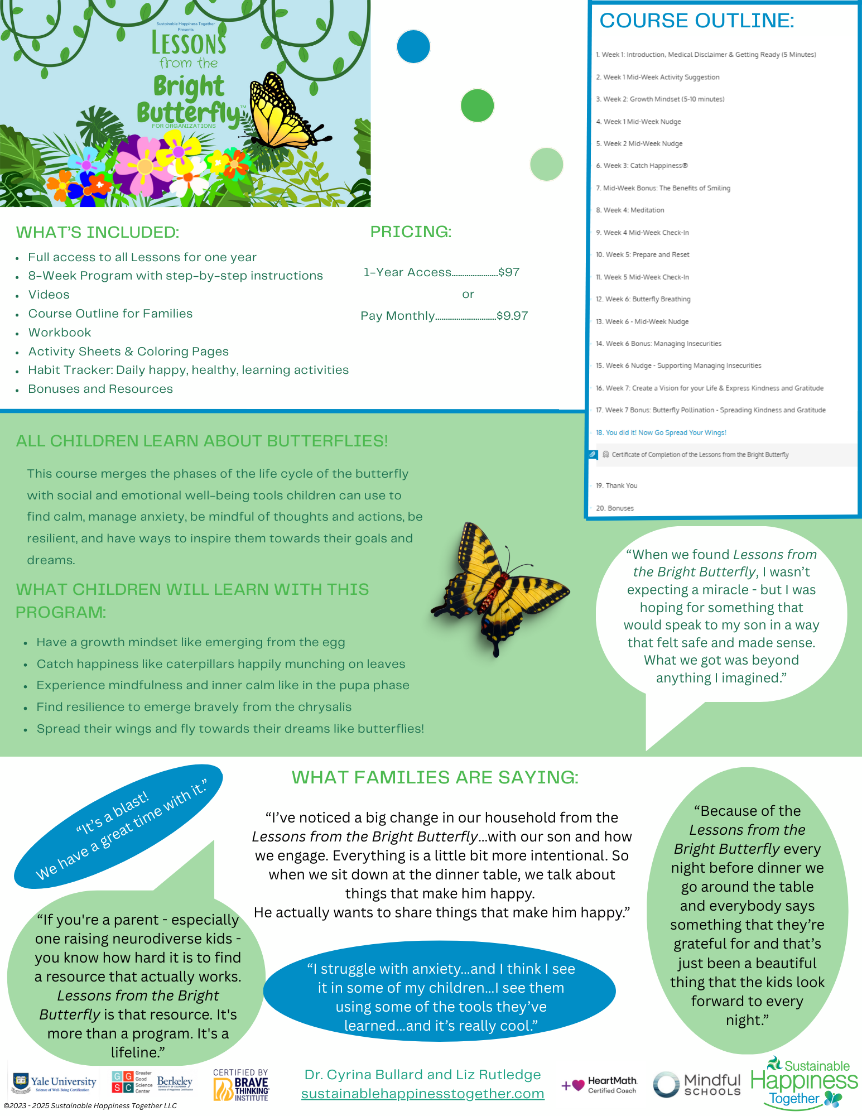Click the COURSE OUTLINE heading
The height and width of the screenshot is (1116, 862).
696,21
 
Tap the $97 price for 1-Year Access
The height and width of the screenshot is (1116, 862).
509,272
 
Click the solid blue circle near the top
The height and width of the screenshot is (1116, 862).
413,46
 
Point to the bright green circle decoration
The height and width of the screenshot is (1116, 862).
477,105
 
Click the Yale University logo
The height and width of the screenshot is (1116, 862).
54,1083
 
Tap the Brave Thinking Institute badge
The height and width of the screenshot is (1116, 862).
241,1085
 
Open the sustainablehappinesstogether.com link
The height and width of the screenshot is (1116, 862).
422,1094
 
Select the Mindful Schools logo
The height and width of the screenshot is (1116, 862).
697,1085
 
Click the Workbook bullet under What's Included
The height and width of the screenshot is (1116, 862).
60,333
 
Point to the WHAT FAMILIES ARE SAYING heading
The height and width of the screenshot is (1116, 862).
435,777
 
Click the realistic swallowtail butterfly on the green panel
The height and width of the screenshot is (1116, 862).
499,589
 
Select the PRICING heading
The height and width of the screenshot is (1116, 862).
411,232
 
